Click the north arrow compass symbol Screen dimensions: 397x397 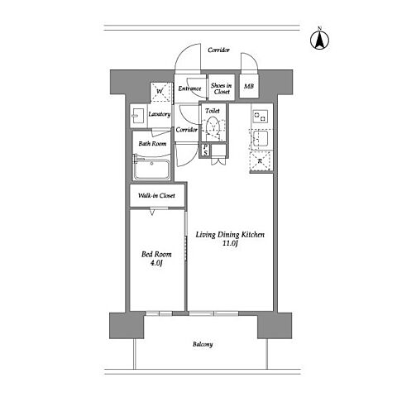pos(319,39)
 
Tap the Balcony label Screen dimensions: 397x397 pos(203,344)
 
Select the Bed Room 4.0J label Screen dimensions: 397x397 pos(156,258)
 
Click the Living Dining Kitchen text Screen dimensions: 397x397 pos(230,235)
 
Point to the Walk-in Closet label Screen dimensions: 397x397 pos(156,195)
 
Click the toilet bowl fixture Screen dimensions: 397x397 pos(213,127)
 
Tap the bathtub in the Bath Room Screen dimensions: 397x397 pos(151,169)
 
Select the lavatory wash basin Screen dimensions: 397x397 pos(138,116)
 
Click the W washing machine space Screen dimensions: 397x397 pos(160,92)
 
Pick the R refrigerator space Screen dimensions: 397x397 pos(260,161)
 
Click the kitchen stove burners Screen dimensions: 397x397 pos(260,116)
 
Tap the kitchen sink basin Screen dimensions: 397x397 pos(260,139)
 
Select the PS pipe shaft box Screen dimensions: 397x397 pos(206,151)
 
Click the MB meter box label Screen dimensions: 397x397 pos(249,86)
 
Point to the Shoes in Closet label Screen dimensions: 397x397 pos(222,88)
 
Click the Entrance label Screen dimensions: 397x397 pos(189,88)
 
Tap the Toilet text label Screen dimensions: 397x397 pos(213,111)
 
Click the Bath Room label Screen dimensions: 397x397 pos(152,144)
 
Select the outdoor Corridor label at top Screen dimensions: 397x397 pos(218,50)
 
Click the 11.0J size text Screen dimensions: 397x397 pos(230,243)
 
